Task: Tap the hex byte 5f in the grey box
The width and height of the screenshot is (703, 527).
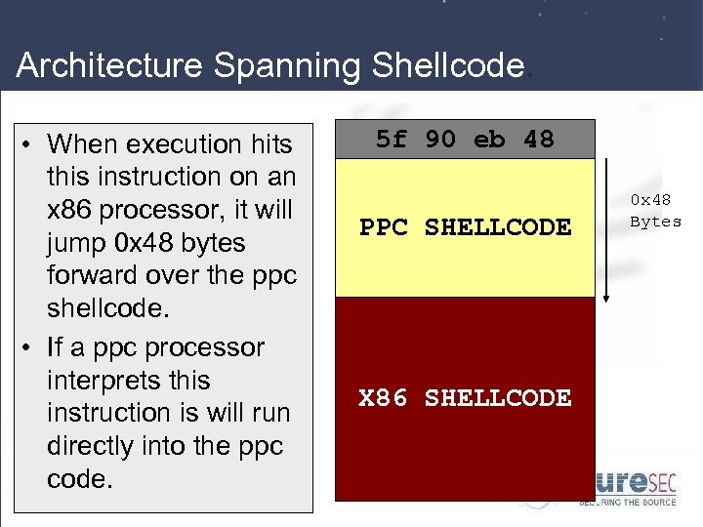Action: [391, 140]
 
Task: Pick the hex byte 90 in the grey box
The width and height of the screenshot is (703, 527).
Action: [439, 140]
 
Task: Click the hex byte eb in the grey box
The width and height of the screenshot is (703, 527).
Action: [488, 140]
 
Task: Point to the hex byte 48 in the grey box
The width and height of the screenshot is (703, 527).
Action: [538, 140]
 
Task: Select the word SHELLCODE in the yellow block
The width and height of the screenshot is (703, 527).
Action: [498, 227]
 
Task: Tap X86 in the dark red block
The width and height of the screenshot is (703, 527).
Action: [384, 398]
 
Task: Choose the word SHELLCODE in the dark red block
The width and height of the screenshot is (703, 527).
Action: [498, 398]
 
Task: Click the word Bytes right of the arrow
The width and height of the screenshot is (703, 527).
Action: [655, 222]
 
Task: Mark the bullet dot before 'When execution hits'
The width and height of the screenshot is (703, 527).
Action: [31, 145]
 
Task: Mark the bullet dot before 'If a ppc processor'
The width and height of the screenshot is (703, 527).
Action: [31, 348]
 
